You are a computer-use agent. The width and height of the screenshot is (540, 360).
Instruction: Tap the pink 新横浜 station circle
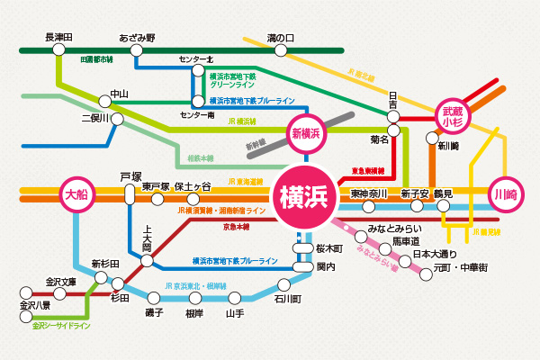(x=308, y=132)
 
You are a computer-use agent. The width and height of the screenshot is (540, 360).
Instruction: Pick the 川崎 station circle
(x=506, y=193)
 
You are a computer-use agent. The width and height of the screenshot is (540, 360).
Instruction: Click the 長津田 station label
(x=59, y=38)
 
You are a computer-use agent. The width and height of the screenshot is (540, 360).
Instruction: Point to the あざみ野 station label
(x=137, y=38)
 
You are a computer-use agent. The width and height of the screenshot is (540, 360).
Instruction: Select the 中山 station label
(x=120, y=94)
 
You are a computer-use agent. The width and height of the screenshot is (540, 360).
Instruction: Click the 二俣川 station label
(x=94, y=117)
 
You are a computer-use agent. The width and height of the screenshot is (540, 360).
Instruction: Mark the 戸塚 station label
(x=130, y=176)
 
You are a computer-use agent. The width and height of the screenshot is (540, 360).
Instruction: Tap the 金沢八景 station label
(x=35, y=306)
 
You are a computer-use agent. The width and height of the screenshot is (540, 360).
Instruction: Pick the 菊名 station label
(x=380, y=140)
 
